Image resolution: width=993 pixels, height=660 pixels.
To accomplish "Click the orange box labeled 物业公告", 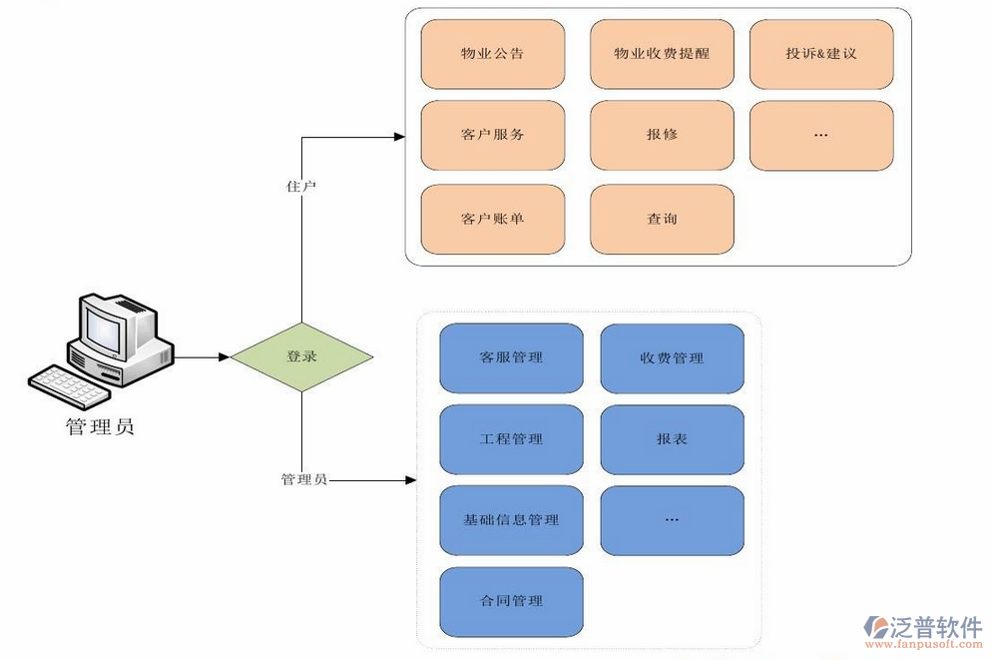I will tap(493, 54).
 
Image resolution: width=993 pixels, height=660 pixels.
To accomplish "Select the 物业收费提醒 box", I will tap(662, 54).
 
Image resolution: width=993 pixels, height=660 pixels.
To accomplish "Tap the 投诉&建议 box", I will tap(821, 54).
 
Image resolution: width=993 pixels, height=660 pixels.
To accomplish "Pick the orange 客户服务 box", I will tap(493, 135).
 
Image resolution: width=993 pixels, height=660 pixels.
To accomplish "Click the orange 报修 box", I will tap(662, 135).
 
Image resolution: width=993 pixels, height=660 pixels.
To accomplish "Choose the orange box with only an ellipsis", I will tap(821, 135).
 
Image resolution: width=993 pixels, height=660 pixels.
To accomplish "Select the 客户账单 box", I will tap(493, 220).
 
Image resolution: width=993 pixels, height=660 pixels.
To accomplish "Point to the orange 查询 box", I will tap(662, 220).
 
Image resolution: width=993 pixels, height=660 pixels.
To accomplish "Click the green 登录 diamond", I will tap(301, 356).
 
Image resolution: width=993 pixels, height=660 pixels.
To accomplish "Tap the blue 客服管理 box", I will tap(511, 357).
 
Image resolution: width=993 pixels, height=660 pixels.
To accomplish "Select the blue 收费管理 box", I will tap(672, 357).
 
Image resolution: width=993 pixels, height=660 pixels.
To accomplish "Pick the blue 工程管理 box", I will tap(511, 439).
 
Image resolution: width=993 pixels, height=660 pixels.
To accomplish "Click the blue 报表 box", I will tap(672, 439).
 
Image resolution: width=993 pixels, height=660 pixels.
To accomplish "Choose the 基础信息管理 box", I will tap(511, 520).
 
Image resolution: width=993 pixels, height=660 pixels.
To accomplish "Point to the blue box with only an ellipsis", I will tap(672, 520).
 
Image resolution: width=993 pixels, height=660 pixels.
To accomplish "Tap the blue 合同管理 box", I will tap(511, 601).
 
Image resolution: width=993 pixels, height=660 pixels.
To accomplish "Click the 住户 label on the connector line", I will tap(301, 187).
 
